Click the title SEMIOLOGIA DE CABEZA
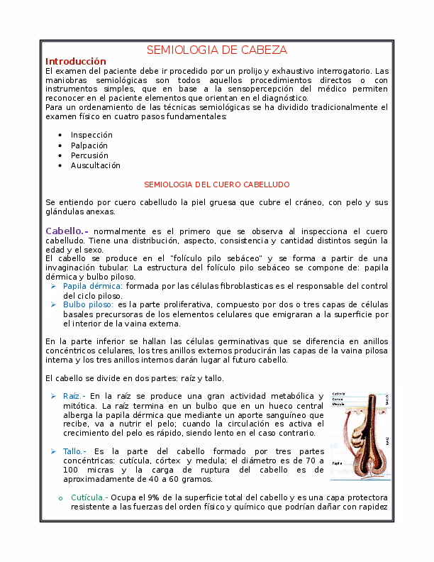216,50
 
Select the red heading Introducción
75,62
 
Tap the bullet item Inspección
91,135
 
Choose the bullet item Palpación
89,145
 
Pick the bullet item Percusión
89,155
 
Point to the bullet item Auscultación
96,165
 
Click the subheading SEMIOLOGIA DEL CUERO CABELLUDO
216,184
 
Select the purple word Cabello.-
67,231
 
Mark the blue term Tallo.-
74,451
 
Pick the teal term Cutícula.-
89,497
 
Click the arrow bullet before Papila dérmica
54,285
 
